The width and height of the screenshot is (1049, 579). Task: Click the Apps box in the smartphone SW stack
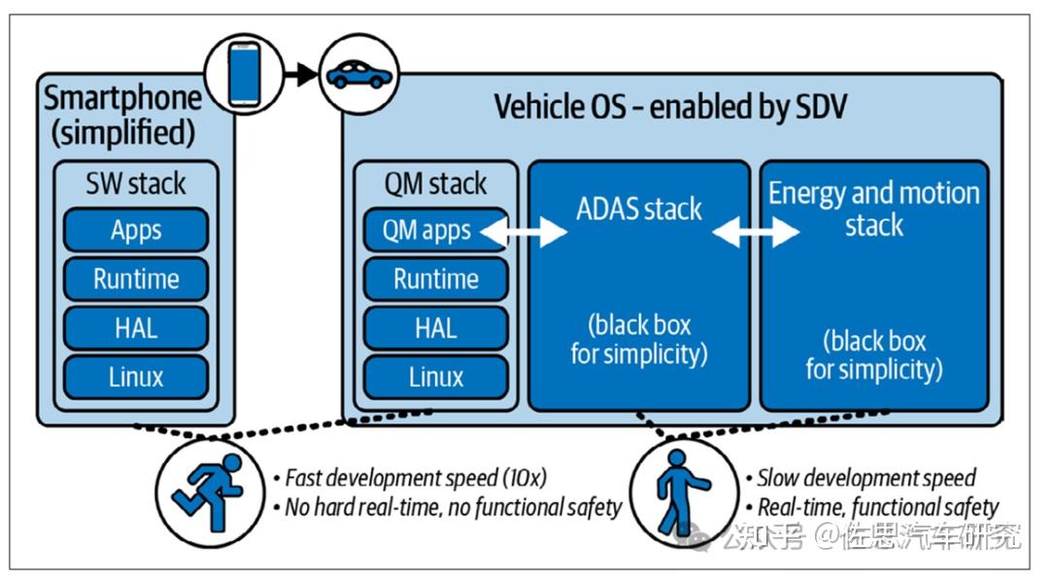(x=136, y=230)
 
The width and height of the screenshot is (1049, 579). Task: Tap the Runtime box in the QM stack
(x=435, y=279)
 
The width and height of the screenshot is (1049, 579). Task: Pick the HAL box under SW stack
(x=136, y=328)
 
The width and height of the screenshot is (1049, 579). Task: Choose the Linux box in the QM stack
(x=435, y=377)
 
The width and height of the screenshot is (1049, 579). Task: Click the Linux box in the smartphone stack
(x=136, y=377)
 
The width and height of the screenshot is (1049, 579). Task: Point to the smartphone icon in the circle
(x=244, y=74)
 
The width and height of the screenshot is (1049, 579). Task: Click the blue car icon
(x=359, y=74)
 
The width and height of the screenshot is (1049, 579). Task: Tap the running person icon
(x=209, y=492)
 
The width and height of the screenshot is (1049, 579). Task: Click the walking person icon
(x=680, y=492)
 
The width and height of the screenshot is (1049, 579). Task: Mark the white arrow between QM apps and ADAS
(x=524, y=231)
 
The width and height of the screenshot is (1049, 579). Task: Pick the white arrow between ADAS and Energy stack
(x=756, y=231)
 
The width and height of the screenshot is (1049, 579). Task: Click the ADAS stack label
(x=639, y=210)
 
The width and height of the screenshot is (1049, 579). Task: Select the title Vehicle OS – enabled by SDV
(x=670, y=107)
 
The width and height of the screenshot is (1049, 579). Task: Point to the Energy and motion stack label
(x=874, y=209)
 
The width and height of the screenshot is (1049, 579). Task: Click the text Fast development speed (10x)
(x=416, y=478)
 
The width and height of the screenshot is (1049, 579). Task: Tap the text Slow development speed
(x=867, y=478)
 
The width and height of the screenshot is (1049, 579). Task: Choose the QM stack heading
(x=435, y=184)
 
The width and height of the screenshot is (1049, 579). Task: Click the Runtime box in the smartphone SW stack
(x=136, y=279)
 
